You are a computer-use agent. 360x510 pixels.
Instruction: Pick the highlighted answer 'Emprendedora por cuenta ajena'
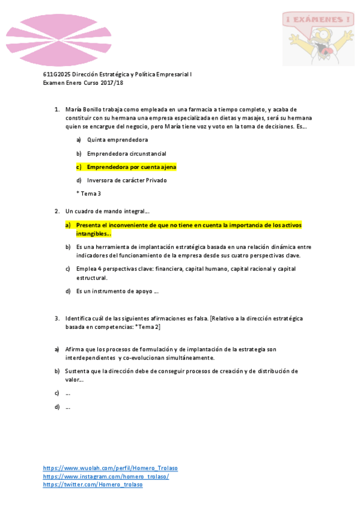click(x=131, y=167)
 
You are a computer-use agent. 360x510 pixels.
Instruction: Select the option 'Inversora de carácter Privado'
click(x=127, y=180)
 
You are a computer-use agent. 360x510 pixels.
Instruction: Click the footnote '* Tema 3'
click(x=88, y=193)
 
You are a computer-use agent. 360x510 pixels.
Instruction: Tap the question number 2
click(x=56, y=211)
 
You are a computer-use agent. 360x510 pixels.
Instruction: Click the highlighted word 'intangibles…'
click(x=93, y=233)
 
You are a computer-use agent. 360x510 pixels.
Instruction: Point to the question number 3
click(x=56, y=318)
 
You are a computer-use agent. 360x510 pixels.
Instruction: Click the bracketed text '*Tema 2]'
click(x=145, y=327)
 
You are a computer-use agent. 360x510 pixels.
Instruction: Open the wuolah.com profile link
click(x=110, y=468)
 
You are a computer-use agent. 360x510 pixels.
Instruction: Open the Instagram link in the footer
click(x=106, y=476)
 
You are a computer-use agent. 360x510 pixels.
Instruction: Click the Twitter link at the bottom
click(x=93, y=485)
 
